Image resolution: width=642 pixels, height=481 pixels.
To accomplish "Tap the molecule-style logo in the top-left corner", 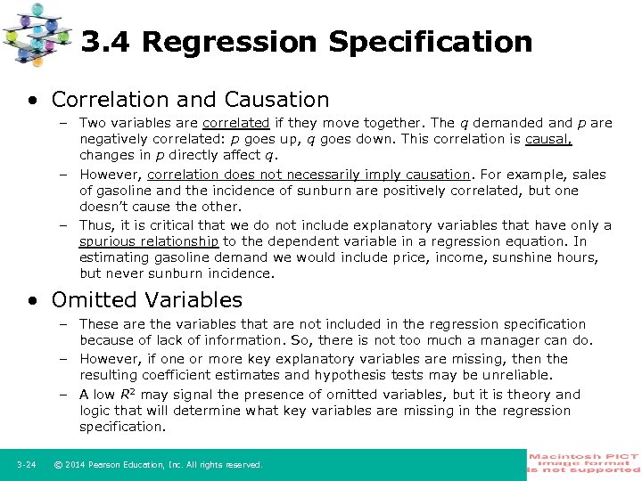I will point(37,34).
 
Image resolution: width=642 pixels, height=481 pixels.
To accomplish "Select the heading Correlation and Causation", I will point(190,99).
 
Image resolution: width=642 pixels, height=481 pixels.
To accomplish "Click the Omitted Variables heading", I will point(147,300).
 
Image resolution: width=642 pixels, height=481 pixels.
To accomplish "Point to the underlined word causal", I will point(548,139).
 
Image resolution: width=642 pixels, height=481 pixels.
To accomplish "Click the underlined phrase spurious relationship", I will point(149,241).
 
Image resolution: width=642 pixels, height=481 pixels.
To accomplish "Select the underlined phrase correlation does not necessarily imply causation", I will point(309,175).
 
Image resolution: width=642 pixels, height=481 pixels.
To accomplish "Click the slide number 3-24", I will point(26,465).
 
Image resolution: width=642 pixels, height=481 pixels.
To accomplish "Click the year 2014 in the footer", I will point(78,465).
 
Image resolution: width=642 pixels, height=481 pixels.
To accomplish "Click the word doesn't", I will point(106,206).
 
